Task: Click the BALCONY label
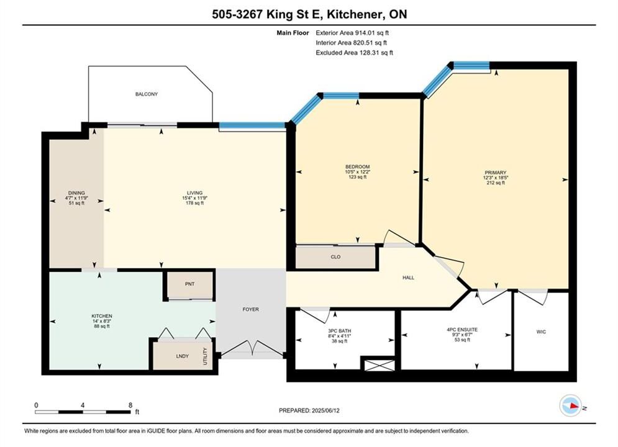(x=146, y=94)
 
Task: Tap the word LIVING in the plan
(x=194, y=193)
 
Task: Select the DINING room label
(x=76, y=193)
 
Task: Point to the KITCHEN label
(x=102, y=316)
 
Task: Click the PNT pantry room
(x=189, y=284)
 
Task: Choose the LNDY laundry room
(x=182, y=356)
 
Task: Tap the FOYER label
(x=251, y=310)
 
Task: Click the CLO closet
(x=335, y=257)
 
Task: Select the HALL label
(x=408, y=278)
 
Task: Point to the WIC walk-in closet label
(x=541, y=332)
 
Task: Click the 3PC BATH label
(x=339, y=331)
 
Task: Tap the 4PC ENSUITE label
(x=462, y=330)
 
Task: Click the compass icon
(x=570, y=405)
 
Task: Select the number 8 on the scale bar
(x=130, y=405)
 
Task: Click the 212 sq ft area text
(x=496, y=183)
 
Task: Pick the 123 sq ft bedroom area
(x=358, y=177)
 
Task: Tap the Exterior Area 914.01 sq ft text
(x=352, y=33)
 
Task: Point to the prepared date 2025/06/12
(x=325, y=410)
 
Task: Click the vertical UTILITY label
(x=205, y=356)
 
